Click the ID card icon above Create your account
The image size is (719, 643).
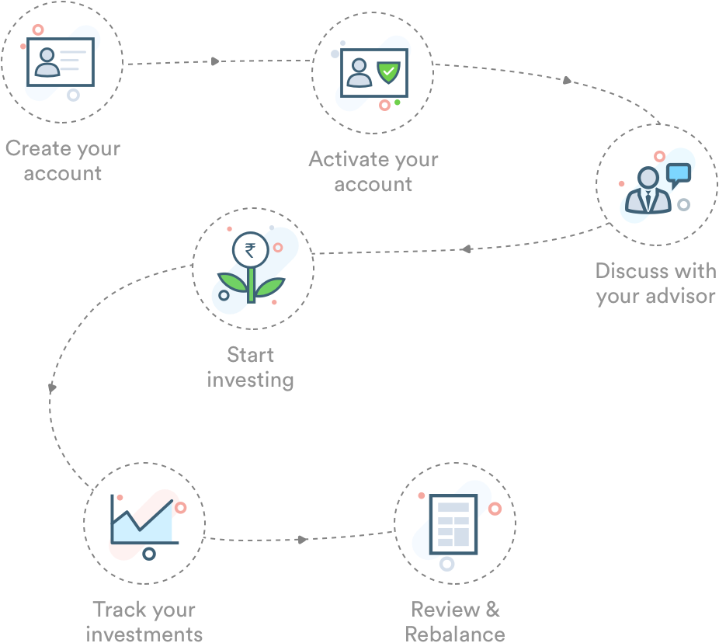point(61,62)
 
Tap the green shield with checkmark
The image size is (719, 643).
point(387,72)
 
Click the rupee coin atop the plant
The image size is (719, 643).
point(251,250)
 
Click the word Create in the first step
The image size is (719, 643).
point(38,148)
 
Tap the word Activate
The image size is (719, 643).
point(347,160)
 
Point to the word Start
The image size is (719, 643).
point(251,355)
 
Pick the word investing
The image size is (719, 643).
point(251,380)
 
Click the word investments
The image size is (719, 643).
point(144,634)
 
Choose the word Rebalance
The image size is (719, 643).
point(455,633)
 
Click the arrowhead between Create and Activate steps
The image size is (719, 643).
point(215,61)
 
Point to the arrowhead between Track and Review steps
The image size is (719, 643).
point(303,539)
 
